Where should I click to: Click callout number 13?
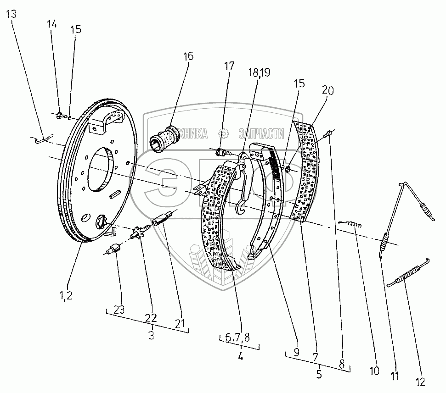click(11, 14)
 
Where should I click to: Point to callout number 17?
click(229, 66)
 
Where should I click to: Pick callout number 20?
click(328, 91)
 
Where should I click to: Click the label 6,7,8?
click(237, 338)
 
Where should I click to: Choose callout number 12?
click(420, 381)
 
